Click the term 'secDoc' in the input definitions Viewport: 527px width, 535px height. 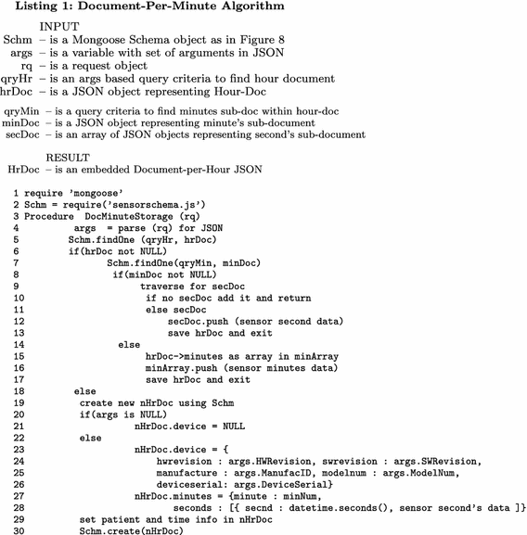click(19, 134)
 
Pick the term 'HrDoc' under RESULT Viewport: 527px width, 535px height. click(21, 170)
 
